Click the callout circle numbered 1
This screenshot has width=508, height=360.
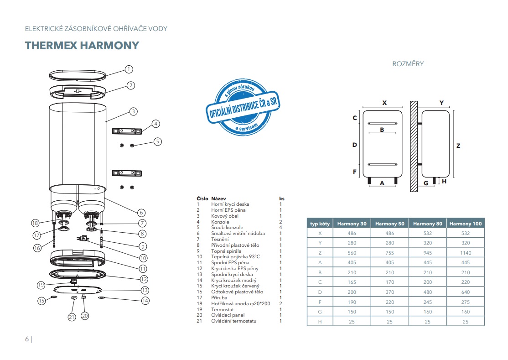129,69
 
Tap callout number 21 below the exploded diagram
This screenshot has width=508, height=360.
72,317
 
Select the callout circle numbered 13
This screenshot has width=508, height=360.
145,290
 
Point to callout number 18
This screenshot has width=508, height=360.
36,223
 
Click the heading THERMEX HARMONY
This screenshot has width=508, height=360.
82,46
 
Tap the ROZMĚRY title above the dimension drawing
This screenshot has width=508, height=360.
408,64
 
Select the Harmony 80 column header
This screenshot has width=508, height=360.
427,224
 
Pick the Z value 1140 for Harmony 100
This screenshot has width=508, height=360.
466,253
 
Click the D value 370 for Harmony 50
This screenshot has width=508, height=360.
389,292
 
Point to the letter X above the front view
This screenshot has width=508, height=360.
384,103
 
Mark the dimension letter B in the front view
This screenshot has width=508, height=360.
382,130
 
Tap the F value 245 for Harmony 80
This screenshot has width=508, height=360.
427,302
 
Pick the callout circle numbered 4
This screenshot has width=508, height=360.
156,124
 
